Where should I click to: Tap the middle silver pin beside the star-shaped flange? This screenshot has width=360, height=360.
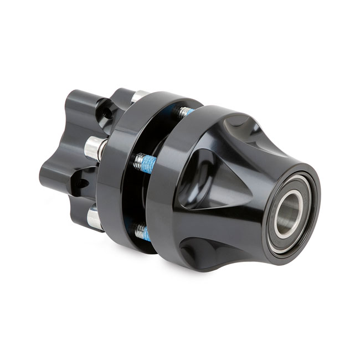95,148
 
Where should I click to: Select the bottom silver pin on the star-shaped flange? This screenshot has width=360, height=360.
94,218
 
